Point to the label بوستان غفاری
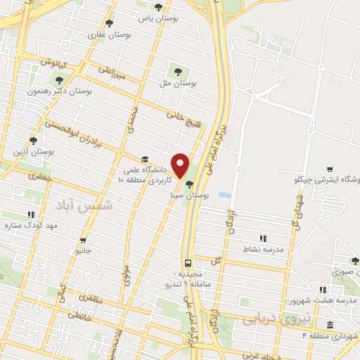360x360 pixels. (107, 33)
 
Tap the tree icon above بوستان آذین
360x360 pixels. (34, 141)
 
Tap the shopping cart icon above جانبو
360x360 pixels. (83, 240)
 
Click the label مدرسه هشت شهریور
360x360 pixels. (323, 300)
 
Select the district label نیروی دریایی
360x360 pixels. (266, 319)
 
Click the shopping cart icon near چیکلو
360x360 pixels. (330, 169)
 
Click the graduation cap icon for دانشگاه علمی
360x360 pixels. (145, 159)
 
